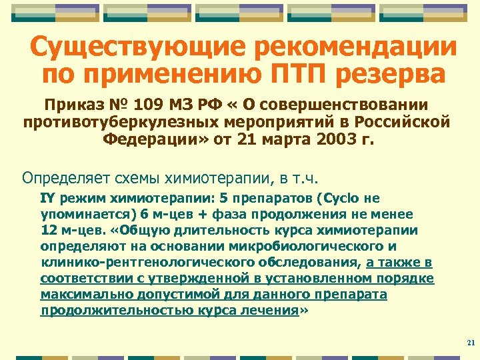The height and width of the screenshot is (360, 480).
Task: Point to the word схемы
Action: point(131,178)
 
